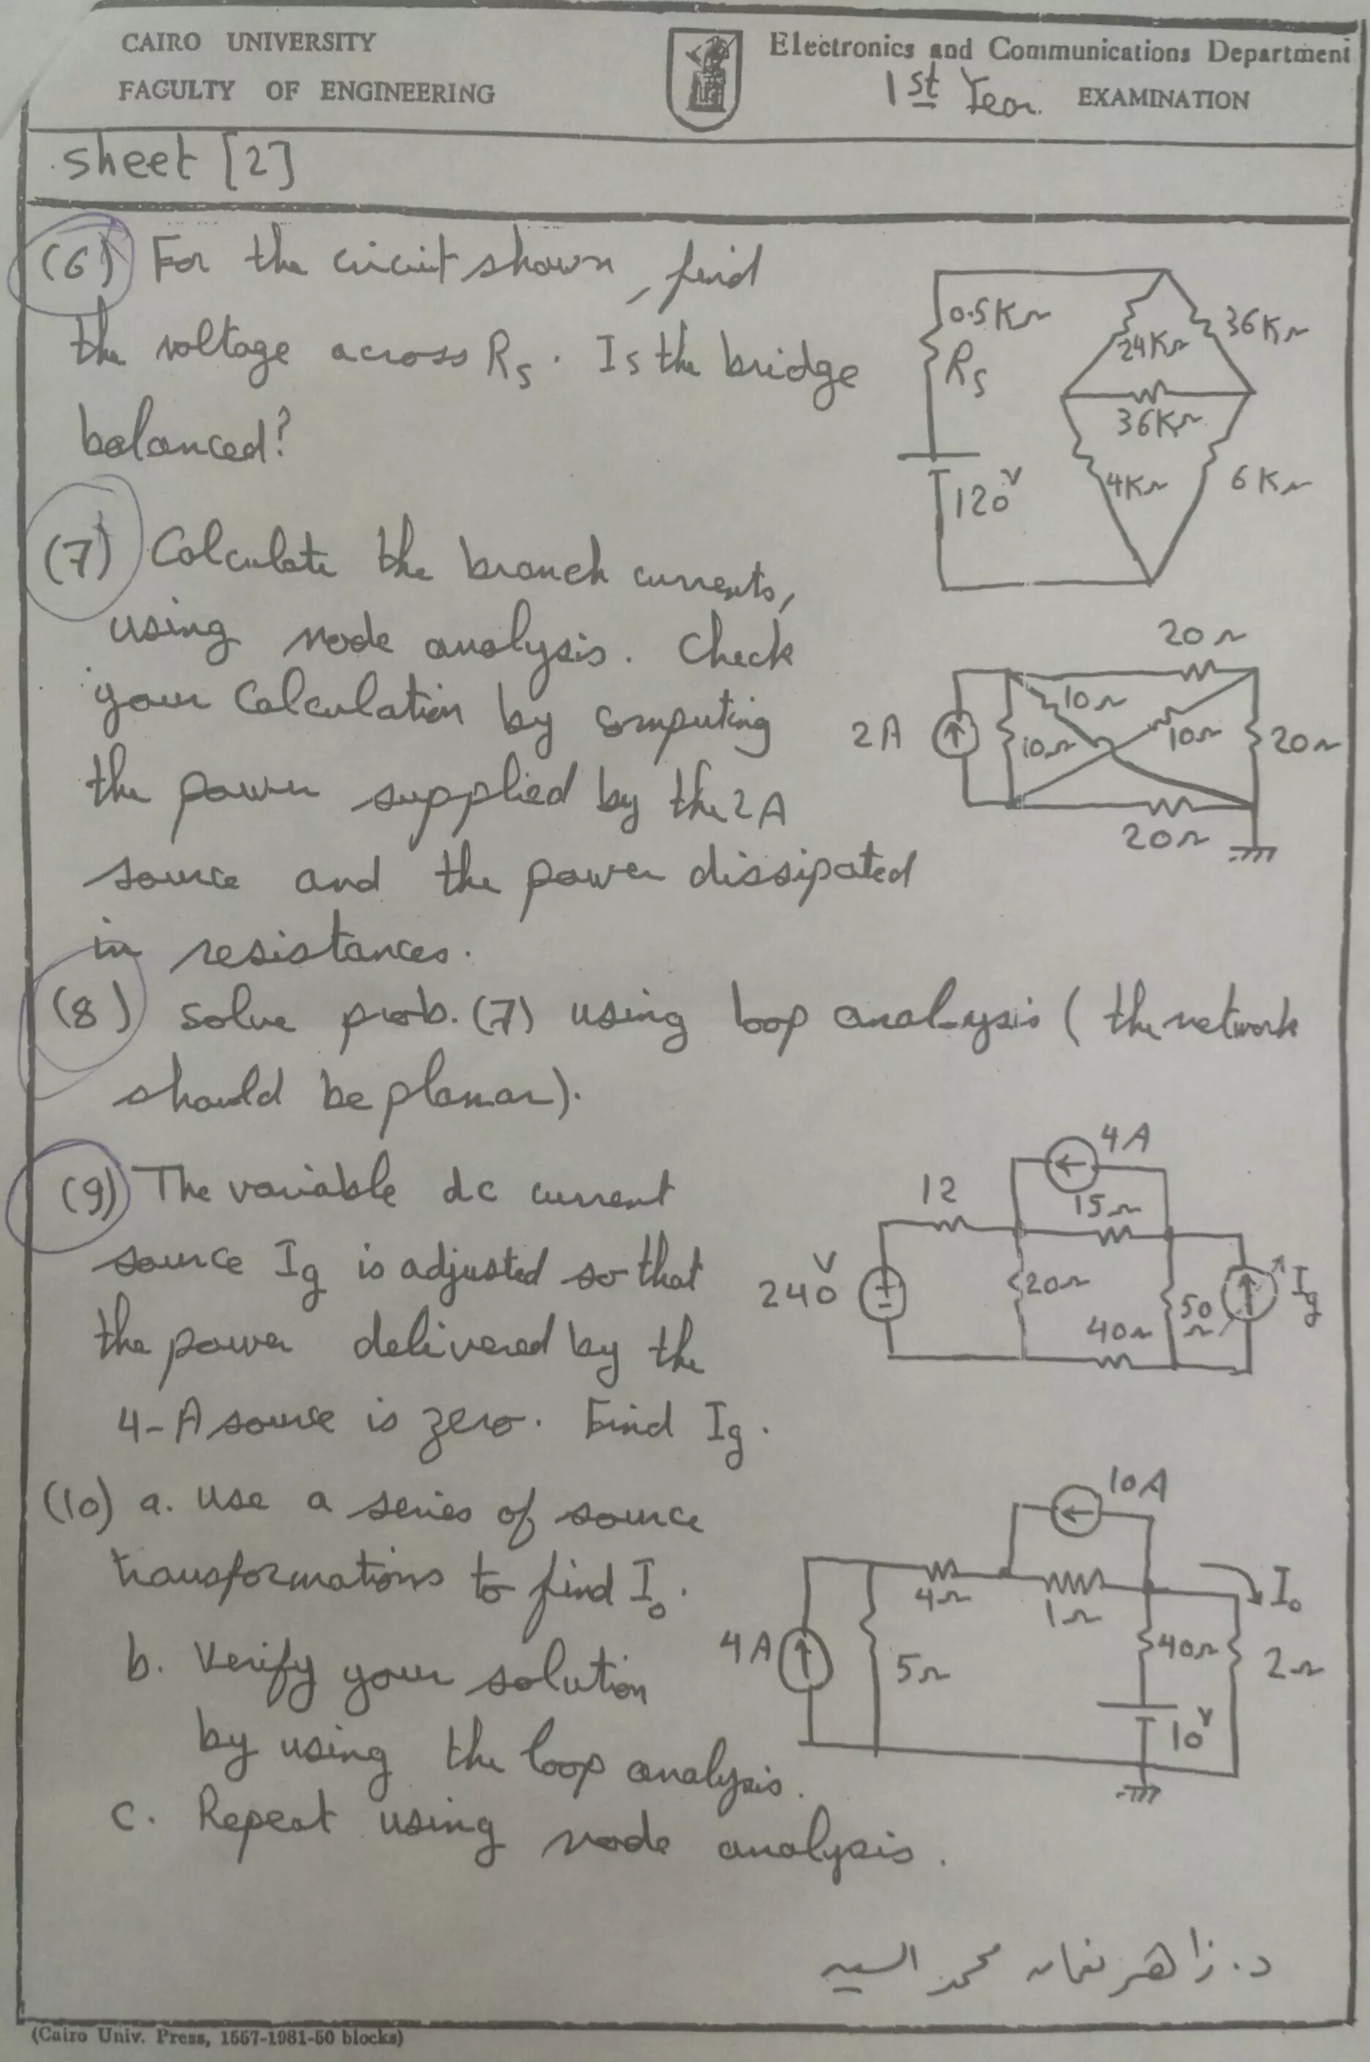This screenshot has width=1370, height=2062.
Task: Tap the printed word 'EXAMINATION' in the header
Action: coord(1162,100)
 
